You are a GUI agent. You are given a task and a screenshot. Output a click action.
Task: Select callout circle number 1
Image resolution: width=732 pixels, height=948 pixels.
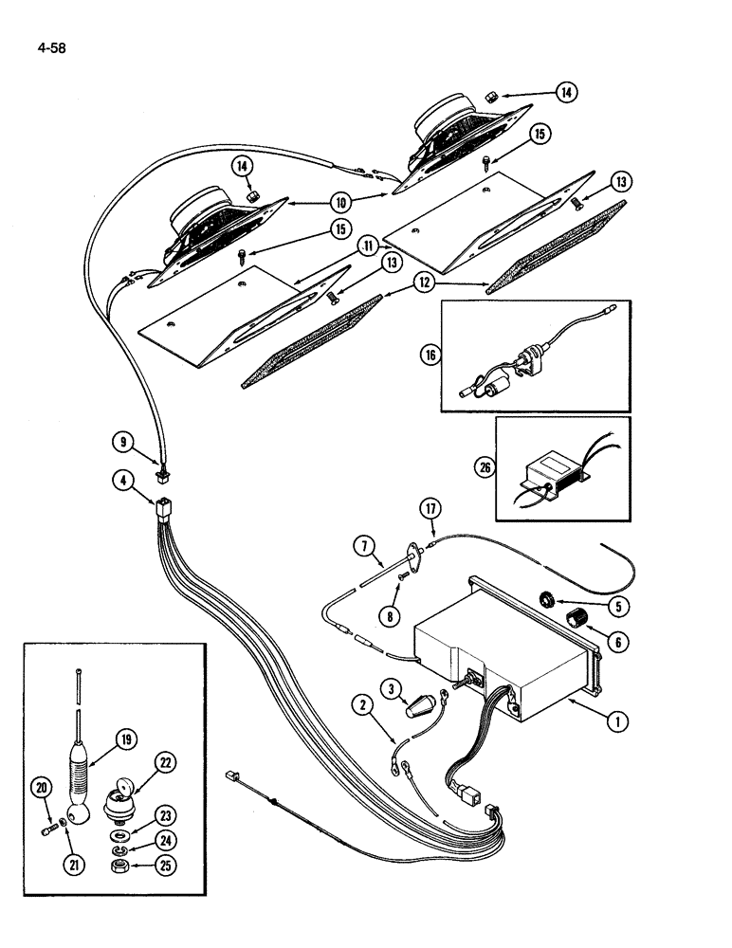(616, 721)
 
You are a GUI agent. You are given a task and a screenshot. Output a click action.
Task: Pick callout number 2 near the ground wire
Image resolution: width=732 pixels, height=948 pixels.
(361, 703)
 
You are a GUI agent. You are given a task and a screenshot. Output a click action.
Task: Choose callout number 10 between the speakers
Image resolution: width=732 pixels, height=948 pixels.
(339, 202)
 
